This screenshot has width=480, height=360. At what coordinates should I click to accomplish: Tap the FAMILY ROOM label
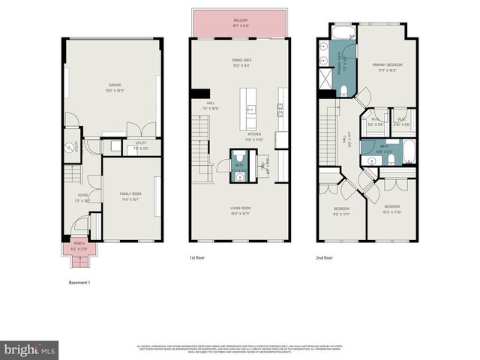[x=130, y=195]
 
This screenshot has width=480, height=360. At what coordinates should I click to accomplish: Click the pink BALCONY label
[x=240, y=22]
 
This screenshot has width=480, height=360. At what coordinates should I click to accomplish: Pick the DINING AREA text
[x=241, y=61]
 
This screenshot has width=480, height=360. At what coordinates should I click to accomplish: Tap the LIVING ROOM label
[x=240, y=208]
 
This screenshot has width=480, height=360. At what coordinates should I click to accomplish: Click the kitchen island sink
[x=250, y=109]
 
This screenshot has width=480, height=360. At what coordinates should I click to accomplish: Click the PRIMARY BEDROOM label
[x=388, y=67]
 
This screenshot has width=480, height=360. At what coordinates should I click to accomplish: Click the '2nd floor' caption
[x=325, y=257]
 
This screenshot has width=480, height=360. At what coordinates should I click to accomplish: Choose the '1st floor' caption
[x=197, y=257]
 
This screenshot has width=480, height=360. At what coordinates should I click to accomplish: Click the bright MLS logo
[x=29, y=349]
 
